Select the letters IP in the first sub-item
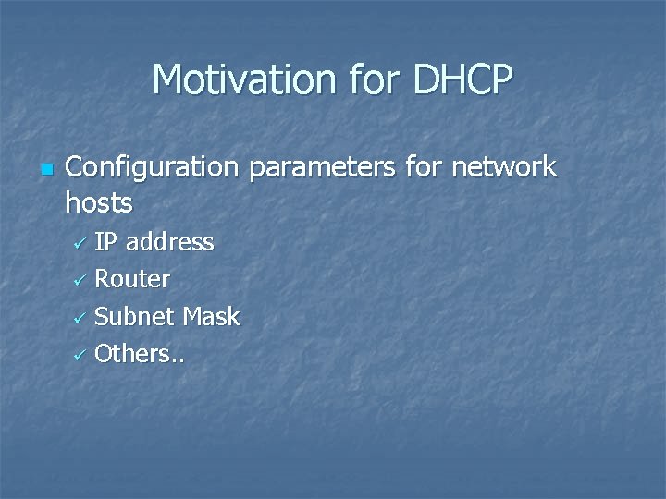(105, 242)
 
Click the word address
(169, 242)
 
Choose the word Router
(132, 279)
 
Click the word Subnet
(135, 317)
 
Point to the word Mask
(211, 317)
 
